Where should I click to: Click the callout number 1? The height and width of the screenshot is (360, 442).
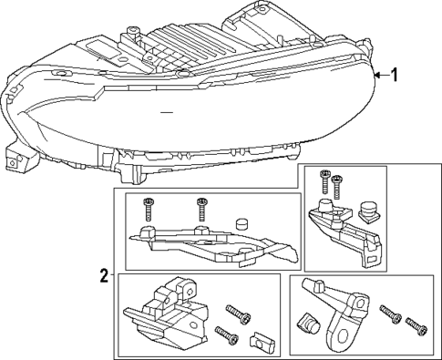pos(395,76)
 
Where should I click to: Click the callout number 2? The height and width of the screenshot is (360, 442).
pos(105,273)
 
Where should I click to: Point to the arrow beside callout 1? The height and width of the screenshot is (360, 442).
pos(381,76)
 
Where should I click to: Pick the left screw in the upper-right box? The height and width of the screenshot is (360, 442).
pos(323,182)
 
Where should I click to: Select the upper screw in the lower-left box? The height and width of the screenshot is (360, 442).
pos(240,316)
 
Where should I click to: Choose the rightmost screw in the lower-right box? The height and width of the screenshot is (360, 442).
pos(416,323)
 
